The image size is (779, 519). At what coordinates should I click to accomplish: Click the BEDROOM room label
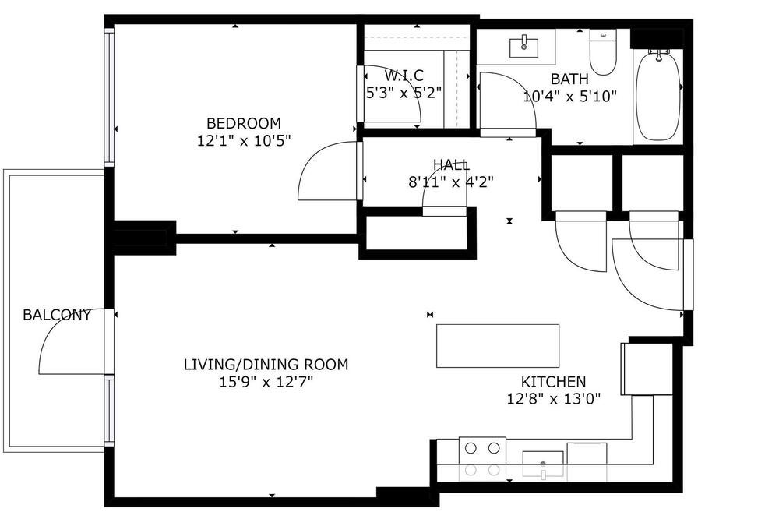243,123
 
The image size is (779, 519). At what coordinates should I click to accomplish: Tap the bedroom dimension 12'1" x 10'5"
243,141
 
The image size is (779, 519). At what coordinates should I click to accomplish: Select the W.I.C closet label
404,76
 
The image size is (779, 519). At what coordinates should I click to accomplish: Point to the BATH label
569,79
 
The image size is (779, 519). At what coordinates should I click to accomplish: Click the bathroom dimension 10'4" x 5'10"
569,97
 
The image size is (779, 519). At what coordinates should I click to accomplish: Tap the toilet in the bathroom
603,51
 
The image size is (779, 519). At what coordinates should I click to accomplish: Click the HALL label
450,164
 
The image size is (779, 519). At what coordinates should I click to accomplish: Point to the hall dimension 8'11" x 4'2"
450,182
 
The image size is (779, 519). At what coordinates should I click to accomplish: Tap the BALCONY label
57,315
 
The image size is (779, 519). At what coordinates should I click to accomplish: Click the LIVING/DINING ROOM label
266,365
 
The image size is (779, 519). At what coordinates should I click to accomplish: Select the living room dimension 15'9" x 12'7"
266,383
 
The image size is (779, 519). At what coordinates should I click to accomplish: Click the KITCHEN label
553,381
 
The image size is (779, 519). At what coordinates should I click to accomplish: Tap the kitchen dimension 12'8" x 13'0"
553,399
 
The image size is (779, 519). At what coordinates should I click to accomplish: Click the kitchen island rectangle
498,346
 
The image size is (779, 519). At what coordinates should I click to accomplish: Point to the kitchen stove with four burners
482,459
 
